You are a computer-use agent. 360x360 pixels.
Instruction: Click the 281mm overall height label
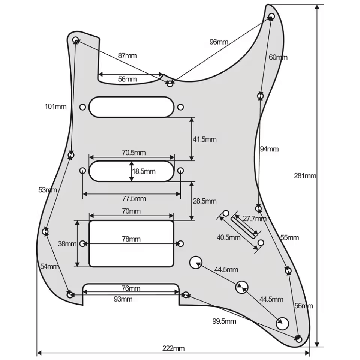305,176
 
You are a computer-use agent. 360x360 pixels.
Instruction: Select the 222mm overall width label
173,348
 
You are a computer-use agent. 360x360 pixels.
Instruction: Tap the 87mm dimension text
127,55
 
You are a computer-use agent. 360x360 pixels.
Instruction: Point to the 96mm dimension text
219,42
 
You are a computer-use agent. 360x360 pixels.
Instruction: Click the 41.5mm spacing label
205,139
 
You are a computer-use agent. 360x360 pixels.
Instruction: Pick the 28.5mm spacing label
205,201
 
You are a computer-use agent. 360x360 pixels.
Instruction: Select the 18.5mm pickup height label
144,171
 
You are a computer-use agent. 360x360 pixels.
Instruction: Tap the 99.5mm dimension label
224,321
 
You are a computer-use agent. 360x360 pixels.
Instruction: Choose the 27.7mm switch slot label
255,219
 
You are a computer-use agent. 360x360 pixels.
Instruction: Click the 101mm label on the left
55,107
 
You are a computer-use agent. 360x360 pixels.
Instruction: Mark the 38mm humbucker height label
67,244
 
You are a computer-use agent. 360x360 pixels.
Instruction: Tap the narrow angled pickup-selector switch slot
244,227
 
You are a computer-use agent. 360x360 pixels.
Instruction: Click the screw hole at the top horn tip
271,17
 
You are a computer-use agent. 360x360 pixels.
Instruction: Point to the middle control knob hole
241,287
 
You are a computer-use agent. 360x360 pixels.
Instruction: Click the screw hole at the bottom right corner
299,339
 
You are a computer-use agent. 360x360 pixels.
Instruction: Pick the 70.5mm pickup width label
134,153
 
